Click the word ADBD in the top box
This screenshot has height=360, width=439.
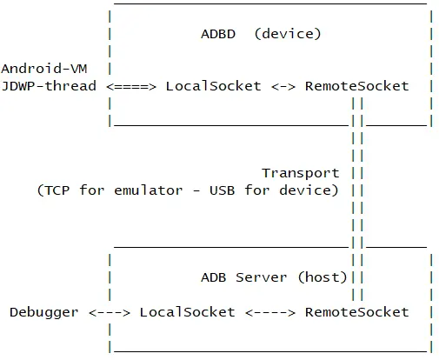[217, 34]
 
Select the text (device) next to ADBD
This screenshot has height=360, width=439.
[288, 34]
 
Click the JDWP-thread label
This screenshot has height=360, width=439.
[49, 86]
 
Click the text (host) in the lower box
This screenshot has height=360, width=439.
[323, 277]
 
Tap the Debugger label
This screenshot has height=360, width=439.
[43, 311]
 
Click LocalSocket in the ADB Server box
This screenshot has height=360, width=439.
[187, 311]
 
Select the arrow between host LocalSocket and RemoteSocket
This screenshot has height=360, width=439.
[269, 311]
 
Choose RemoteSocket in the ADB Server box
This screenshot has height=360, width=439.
[356, 311]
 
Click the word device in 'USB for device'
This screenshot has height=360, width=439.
[309, 190]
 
